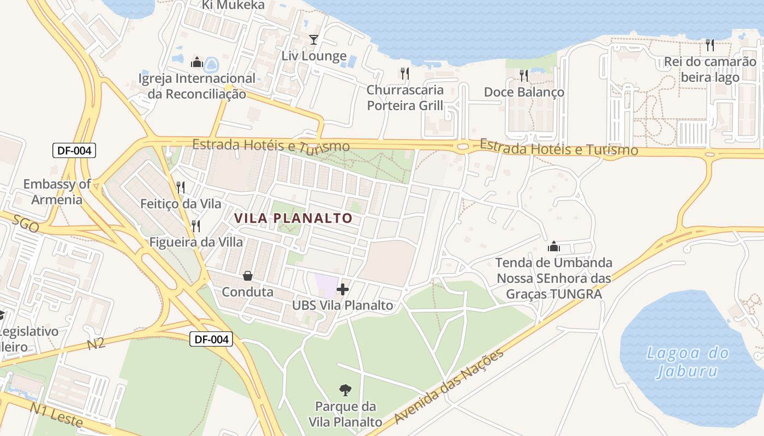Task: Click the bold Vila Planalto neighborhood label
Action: click(293, 219)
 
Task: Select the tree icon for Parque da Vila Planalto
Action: click(345, 390)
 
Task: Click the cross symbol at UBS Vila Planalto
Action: click(343, 289)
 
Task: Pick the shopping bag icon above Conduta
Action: click(247, 276)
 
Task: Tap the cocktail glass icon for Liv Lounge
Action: click(314, 39)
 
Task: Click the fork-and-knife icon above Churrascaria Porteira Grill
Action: click(404, 73)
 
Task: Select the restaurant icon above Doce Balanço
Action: click(524, 75)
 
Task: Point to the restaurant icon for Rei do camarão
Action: click(709, 45)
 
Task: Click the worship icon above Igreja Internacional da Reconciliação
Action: click(197, 62)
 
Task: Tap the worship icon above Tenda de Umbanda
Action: click(554, 246)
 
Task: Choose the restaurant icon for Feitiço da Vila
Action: click(181, 187)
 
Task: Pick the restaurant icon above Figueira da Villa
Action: click(196, 226)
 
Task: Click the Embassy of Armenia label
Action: click(57, 192)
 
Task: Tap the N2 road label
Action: click(96, 344)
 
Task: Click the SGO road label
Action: click(26, 224)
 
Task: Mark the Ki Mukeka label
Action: click(233, 5)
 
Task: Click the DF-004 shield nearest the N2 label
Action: click(212, 340)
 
